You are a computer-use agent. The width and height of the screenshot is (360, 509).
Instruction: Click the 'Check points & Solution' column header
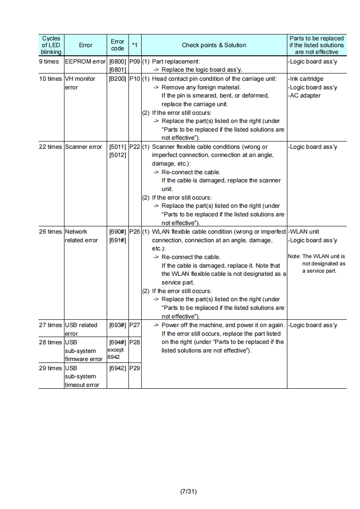[214, 45]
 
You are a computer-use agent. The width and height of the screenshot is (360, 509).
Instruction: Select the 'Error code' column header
[117, 45]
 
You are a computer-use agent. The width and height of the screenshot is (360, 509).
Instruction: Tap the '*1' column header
[135, 45]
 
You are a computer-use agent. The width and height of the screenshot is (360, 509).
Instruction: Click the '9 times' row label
[49, 62]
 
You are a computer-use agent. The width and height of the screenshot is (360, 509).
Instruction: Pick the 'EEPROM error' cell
[85, 62]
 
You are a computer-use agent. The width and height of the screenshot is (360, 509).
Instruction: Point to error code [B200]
[117, 79]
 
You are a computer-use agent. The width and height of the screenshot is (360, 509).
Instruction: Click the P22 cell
[135, 147]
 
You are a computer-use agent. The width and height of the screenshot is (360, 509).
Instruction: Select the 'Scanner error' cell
[84, 147]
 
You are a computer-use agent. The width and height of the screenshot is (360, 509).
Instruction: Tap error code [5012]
[117, 155]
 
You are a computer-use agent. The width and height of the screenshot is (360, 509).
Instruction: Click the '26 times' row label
[50, 231]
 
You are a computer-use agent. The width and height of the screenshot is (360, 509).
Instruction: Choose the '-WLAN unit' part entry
[304, 231]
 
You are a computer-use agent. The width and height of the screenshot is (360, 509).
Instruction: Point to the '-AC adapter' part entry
[305, 96]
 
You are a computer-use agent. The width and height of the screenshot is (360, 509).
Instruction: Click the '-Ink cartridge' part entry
[306, 79]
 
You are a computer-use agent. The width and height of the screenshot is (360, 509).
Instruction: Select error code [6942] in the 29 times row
[117, 368]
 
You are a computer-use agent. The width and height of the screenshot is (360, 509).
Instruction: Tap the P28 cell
[135, 342]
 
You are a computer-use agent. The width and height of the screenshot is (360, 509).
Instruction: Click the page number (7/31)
[188, 491]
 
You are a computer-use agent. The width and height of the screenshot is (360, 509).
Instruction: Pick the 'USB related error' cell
[81, 329]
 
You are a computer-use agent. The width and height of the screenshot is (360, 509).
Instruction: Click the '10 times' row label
[50, 79]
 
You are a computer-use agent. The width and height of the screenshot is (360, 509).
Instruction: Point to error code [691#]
[117, 240]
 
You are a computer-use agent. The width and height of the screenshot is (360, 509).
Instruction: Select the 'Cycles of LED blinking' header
[51, 45]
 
